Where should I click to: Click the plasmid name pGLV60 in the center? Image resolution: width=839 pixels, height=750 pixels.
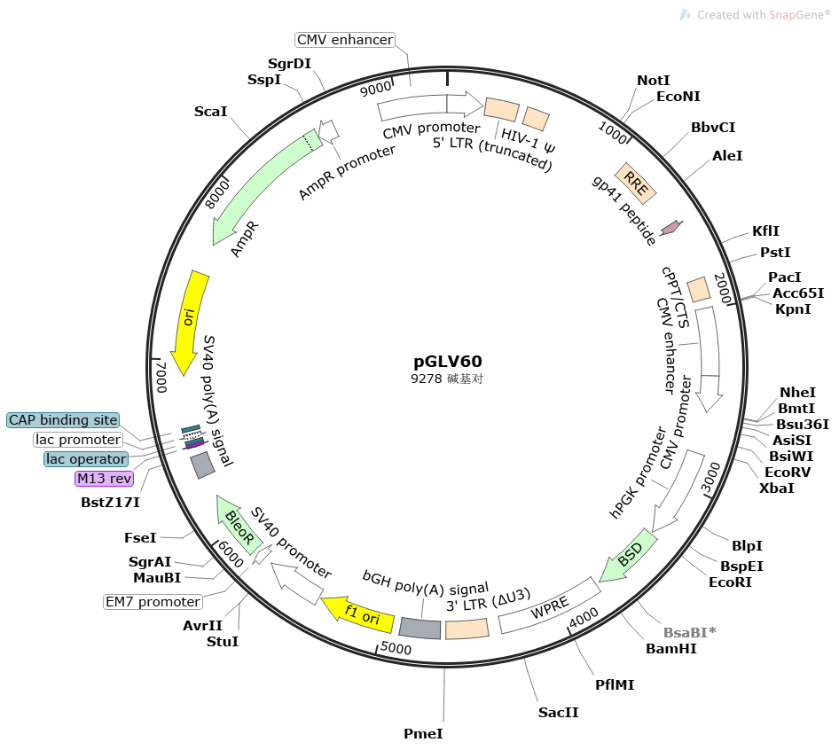(448, 362)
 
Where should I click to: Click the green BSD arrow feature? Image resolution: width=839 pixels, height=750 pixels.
(629, 557)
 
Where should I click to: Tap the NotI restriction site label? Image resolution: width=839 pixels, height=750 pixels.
(654, 81)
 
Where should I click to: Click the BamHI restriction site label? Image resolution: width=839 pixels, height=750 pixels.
(671, 649)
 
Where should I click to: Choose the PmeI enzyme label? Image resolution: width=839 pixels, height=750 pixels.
(423, 734)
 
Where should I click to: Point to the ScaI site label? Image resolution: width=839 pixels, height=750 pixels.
(211, 112)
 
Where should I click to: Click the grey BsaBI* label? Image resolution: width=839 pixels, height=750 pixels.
(689, 633)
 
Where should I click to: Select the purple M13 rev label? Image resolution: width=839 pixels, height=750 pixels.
(104, 479)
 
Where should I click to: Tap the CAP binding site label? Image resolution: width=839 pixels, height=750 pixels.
(63, 419)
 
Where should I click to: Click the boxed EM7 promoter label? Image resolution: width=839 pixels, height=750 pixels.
(153, 602)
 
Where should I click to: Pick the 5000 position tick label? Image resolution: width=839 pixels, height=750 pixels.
(396, 648)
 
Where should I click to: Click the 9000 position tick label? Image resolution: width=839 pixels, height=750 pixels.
(375, 88)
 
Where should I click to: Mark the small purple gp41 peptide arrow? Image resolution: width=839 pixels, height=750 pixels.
(672, 228)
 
